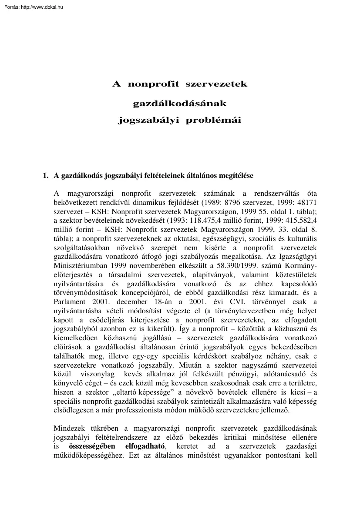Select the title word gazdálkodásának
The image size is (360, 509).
[180, 104]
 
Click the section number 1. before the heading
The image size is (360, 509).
[45, 176]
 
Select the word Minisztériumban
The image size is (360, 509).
[79, 264]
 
